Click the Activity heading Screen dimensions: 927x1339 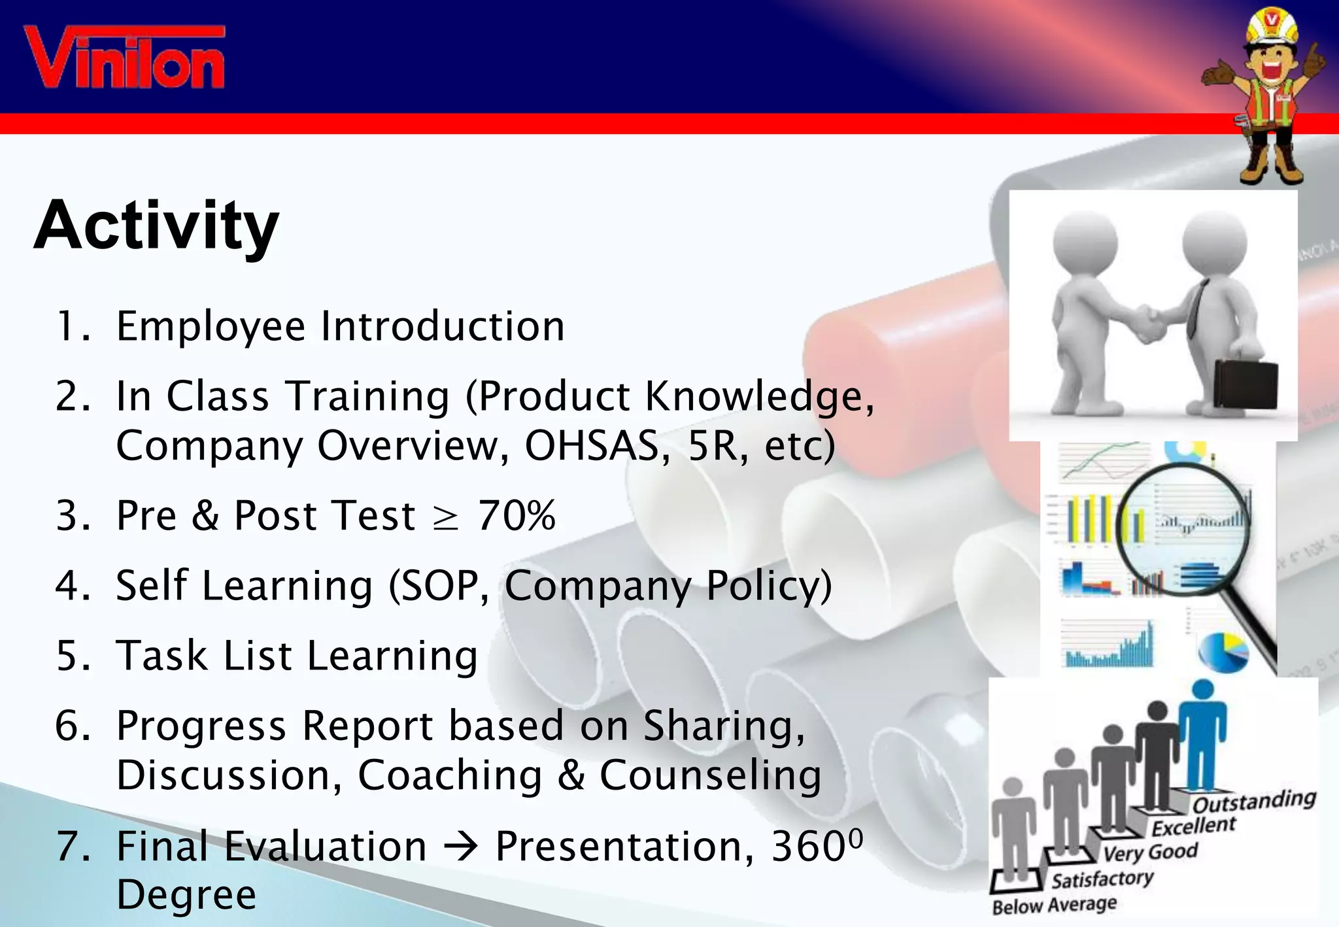pos(156,226)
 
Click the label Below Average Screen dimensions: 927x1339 pos(1054,905)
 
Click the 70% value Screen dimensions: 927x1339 pos(517,516)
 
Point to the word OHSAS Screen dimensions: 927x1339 pos(592,446)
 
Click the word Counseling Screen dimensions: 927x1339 pos(710,775)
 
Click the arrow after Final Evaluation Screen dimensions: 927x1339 pos(460,847)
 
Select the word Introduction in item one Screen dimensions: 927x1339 pos(443,326)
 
